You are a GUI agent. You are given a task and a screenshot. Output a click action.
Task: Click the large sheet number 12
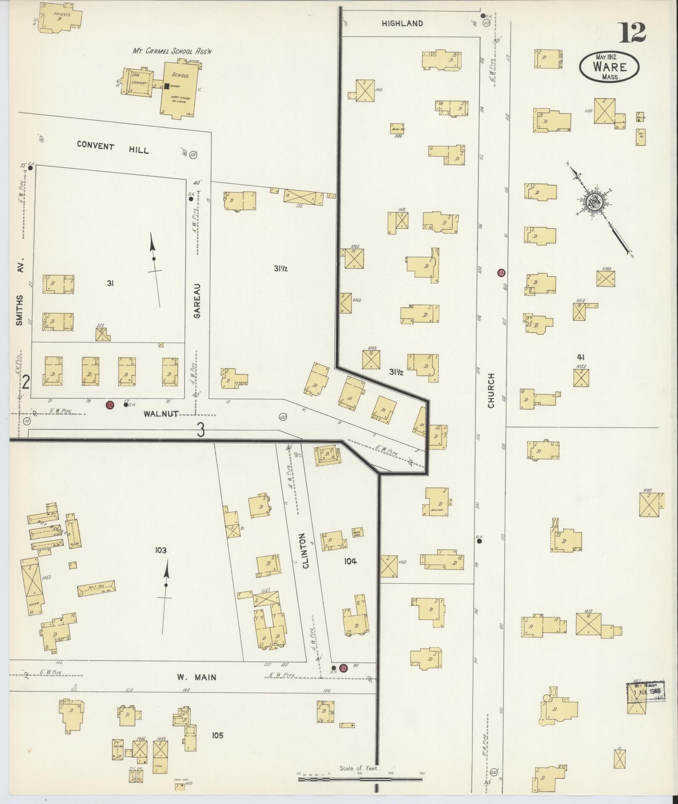tap(631, 32)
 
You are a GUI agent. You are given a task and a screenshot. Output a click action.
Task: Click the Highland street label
tap(402, 24)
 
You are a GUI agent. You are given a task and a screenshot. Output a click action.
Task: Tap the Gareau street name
tap(198, 301)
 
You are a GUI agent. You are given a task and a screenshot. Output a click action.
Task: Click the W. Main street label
tap(196, 677)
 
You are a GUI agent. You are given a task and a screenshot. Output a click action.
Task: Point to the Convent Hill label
tap(113, 148)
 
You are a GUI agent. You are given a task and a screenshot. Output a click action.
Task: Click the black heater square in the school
tap(167, 86)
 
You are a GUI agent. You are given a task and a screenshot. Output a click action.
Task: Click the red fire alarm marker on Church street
tap(501, 273)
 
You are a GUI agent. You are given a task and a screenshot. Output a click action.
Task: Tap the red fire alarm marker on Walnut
tap(110, 405)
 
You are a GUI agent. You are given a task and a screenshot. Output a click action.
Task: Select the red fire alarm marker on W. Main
tap(343, 667)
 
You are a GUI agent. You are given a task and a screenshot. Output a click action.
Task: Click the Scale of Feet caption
tap(359, 769)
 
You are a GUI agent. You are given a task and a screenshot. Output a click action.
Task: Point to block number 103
tap(161, 550)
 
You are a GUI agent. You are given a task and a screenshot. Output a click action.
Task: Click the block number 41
tap(581, 358)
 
